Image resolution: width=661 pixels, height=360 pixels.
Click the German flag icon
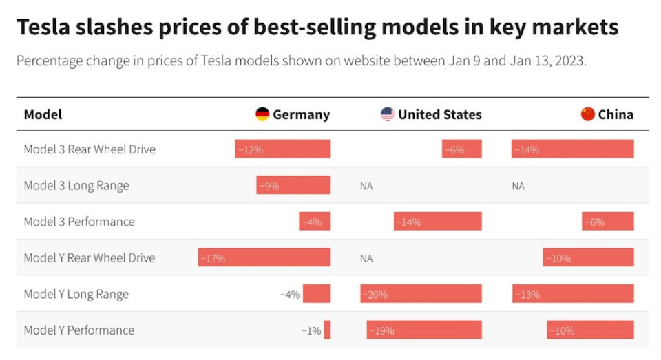pos(262,114)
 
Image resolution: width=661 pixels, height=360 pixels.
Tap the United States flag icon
pos(388,114)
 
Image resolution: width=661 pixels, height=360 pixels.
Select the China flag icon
pos(587,114)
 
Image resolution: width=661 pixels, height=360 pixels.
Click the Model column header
pos(43,115)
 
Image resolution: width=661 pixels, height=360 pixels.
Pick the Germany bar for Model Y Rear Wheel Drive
pos(264,258)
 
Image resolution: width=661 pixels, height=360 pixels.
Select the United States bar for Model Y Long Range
pos(421,295)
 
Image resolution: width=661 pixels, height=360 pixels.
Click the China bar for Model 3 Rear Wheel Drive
pos(572,149)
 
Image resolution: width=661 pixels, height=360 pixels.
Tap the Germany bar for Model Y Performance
pos(327,330)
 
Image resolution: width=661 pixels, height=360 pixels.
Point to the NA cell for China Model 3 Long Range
pos(518,186)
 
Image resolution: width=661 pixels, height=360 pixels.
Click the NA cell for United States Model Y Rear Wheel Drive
pos(366,258)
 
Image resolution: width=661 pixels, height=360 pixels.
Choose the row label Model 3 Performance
pos(79,222)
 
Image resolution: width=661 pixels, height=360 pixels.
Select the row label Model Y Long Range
pos(76,295)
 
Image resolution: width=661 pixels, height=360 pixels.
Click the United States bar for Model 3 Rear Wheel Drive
pos(462,149)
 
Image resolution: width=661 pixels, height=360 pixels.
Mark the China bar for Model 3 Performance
pos(608,222)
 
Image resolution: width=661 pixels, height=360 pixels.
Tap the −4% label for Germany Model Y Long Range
pos(290,295)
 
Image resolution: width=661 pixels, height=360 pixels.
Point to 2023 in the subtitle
pos(571,61)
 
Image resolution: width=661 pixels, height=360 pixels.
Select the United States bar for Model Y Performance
pos(424,330)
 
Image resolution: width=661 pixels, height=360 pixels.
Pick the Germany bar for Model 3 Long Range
pos(293,186)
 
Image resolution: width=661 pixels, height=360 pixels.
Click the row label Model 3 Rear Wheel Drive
pos(90,149)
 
